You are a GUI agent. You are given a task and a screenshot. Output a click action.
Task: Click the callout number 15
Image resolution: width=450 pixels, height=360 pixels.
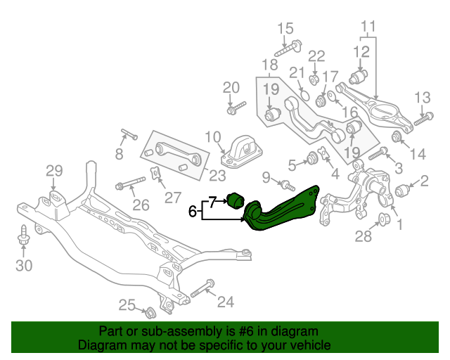pos(285,29)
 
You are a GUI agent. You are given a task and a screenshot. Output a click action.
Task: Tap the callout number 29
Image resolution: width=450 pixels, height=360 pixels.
pos(54,170)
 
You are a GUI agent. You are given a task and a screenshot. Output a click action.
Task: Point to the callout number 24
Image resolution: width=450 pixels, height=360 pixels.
pos(225,302)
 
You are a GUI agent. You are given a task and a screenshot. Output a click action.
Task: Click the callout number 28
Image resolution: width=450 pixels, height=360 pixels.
pos(363,237)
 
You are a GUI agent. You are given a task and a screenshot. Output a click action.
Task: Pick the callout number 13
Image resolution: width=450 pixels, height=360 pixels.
pos(422,97)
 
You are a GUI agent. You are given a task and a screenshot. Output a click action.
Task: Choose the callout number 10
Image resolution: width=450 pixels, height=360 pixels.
pos(213,136)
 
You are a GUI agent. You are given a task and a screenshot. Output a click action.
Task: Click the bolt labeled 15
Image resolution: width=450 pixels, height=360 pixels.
pos(287,49)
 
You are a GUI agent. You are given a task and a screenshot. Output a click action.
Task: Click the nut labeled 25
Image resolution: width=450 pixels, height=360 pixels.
pos(149,311)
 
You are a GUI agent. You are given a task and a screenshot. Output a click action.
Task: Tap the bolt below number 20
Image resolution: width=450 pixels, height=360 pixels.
pos(236,108)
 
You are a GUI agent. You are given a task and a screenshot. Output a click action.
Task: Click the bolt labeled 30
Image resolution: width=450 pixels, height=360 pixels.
pos(25,238)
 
